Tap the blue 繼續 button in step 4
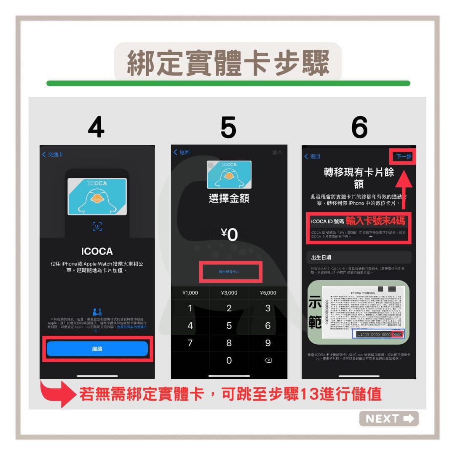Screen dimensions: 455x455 click(97, 349)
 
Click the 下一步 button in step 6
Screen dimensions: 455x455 click(404, 156)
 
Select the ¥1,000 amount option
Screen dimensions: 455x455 click(190, 293)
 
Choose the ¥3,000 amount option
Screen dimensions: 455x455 click(229, 293)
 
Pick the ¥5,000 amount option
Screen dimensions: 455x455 click(268, 293)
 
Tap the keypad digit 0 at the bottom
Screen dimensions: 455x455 click(229, 360)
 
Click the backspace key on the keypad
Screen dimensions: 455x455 click(268, 360)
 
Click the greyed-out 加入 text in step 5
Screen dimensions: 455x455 click(277, 152)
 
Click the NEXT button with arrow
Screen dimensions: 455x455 click(389, 418)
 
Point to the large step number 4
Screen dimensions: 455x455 click(96, 127)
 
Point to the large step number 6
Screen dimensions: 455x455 click(359, 127)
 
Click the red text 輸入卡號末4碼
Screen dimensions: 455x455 click(375, 221)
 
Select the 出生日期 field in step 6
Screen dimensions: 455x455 click(359, 257)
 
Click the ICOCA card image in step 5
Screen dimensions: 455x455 click(229, 174)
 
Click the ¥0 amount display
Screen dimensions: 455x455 click(229, 235)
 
